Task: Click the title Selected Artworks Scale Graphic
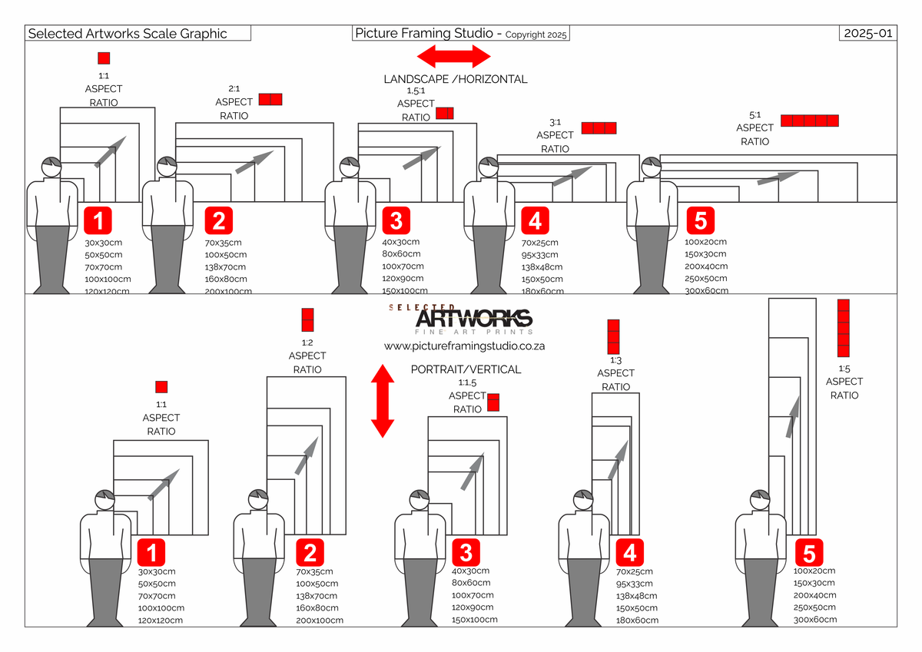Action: [x=128, y=34]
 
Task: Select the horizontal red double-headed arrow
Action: [x=453, y=56]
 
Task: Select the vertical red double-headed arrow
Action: [x=382, y=402]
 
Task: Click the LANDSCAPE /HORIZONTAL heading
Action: [x=456, y=79]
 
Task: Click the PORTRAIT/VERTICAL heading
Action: [x=466, y=369]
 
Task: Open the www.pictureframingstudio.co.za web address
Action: [x=464, y=346]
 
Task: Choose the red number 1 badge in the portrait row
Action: [x=151, y=552]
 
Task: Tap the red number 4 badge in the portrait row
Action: [x=630, y=552]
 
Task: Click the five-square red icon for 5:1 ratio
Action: [x=810, y=121]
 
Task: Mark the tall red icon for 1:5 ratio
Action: [x=843, y=328]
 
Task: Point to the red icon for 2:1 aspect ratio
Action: [x=270, y=99]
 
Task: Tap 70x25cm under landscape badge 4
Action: [x=540, y=243]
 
